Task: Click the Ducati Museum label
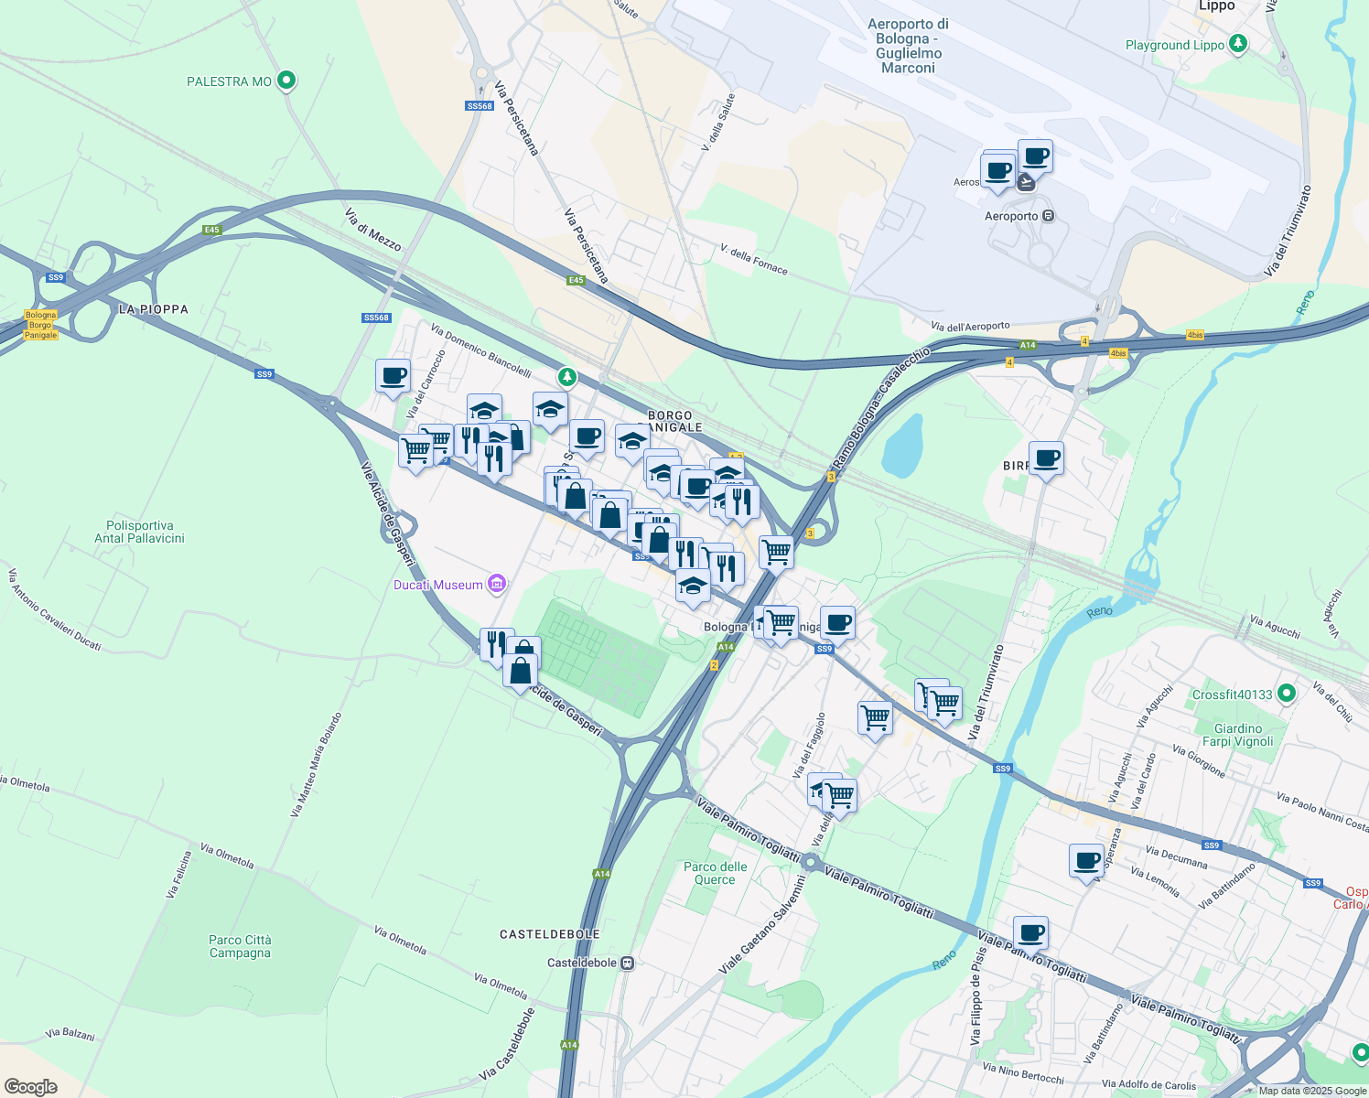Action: (438, 585)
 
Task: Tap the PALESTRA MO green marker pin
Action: (286, 81)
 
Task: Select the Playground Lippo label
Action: (1175, 45)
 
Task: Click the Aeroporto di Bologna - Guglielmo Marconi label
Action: (908, 46)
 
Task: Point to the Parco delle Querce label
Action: (715, 873)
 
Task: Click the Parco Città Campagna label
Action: (240, 946)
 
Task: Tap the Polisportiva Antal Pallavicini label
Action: (140, 532)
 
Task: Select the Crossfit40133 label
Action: (1232, 694)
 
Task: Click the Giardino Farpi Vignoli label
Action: (1237, 735)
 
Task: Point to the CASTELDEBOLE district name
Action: (550, 934)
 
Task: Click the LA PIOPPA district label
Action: (154, 309)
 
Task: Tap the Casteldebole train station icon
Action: (627, 963)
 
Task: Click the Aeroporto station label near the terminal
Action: (1011, 216)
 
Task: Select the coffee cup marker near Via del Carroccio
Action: (393, 376)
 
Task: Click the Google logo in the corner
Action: (31, 1086)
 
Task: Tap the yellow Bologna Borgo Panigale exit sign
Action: (41, 325)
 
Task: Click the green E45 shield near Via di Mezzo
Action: (212, 230)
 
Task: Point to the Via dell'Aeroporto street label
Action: (970, 326)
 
